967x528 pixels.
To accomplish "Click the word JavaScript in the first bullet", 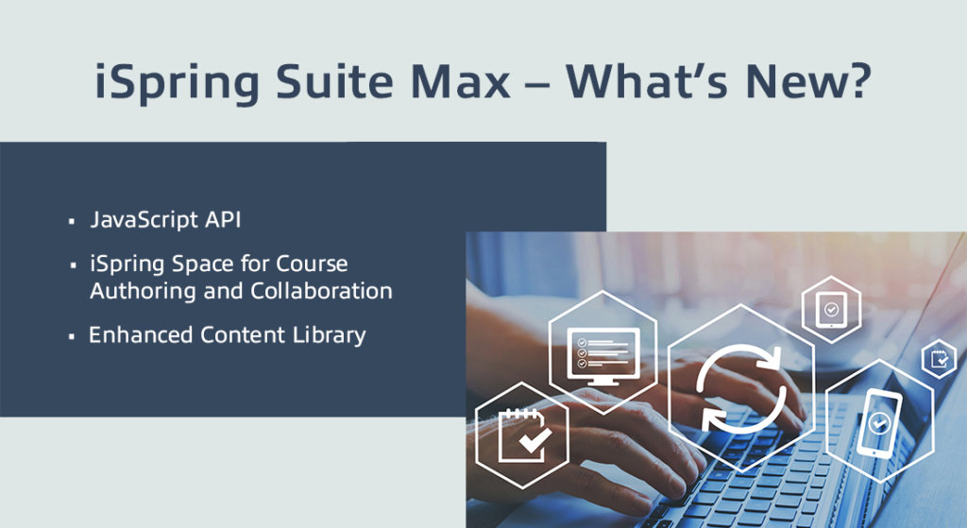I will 144,220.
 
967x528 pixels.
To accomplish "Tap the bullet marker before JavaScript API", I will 72,222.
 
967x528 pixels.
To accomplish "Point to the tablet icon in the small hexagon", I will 831,308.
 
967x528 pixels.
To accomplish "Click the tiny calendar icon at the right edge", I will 939,359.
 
